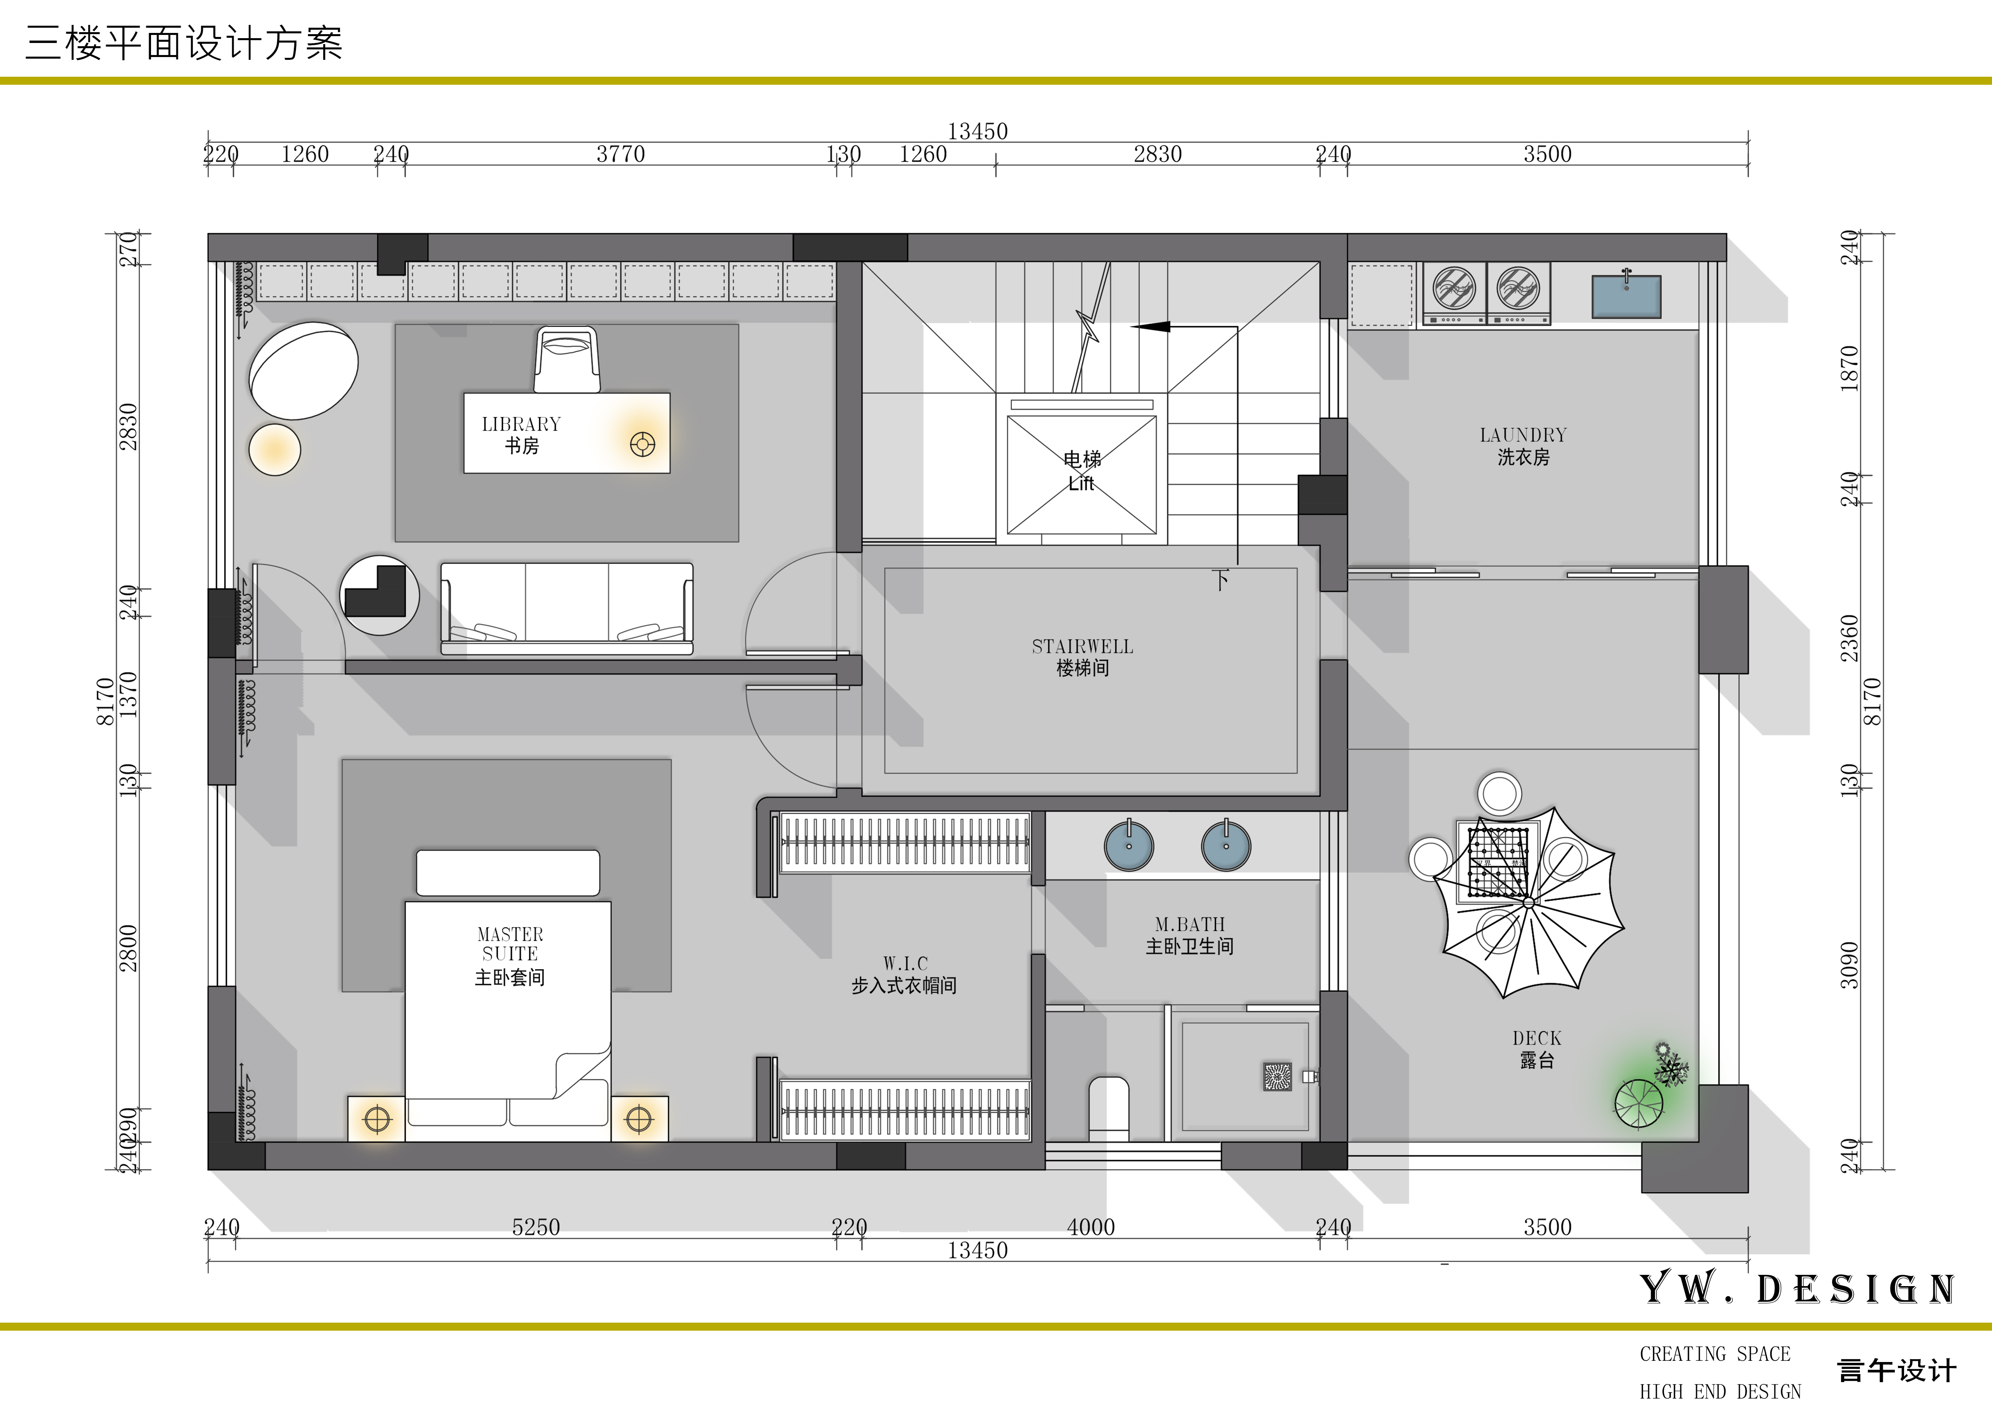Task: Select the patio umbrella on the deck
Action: point(1529,903)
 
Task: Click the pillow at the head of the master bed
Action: point(508,873)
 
